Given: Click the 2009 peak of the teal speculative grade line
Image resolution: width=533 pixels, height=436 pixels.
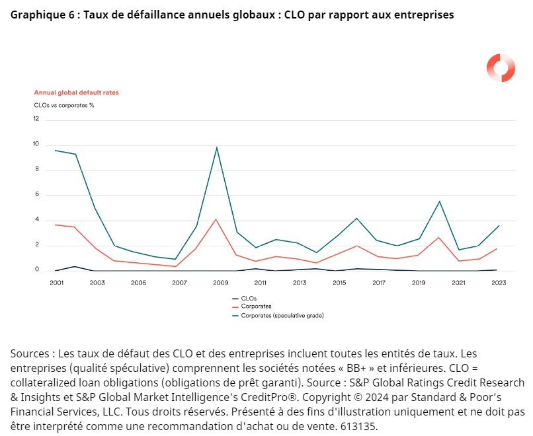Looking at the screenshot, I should (217, 147).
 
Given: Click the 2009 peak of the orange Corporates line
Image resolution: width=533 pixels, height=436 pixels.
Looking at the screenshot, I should (217, 219).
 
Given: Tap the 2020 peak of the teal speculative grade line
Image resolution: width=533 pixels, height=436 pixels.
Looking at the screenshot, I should (439, 201).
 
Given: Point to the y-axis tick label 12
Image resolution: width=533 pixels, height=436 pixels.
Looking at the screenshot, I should (36, 119).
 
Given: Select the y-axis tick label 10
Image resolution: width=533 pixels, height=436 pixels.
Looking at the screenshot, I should (36, 145).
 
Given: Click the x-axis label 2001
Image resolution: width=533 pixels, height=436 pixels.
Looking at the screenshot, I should (56, 283).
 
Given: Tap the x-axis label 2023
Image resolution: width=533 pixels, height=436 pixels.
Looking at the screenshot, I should (499, 283).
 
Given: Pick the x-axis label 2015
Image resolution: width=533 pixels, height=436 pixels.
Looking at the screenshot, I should (339, 283).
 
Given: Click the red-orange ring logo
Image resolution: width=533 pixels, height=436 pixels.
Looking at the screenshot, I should (501, 67).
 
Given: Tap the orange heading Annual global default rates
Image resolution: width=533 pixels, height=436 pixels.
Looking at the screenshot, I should (76, 92).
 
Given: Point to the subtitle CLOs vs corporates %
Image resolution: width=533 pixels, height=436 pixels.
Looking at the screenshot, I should (64, 105).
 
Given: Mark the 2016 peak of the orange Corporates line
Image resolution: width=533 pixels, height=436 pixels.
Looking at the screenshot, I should (357, 246).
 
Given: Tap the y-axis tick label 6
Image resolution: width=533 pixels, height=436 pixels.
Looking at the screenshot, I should (37, 195).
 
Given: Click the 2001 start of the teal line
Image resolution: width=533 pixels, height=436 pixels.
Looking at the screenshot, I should (56, 151).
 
